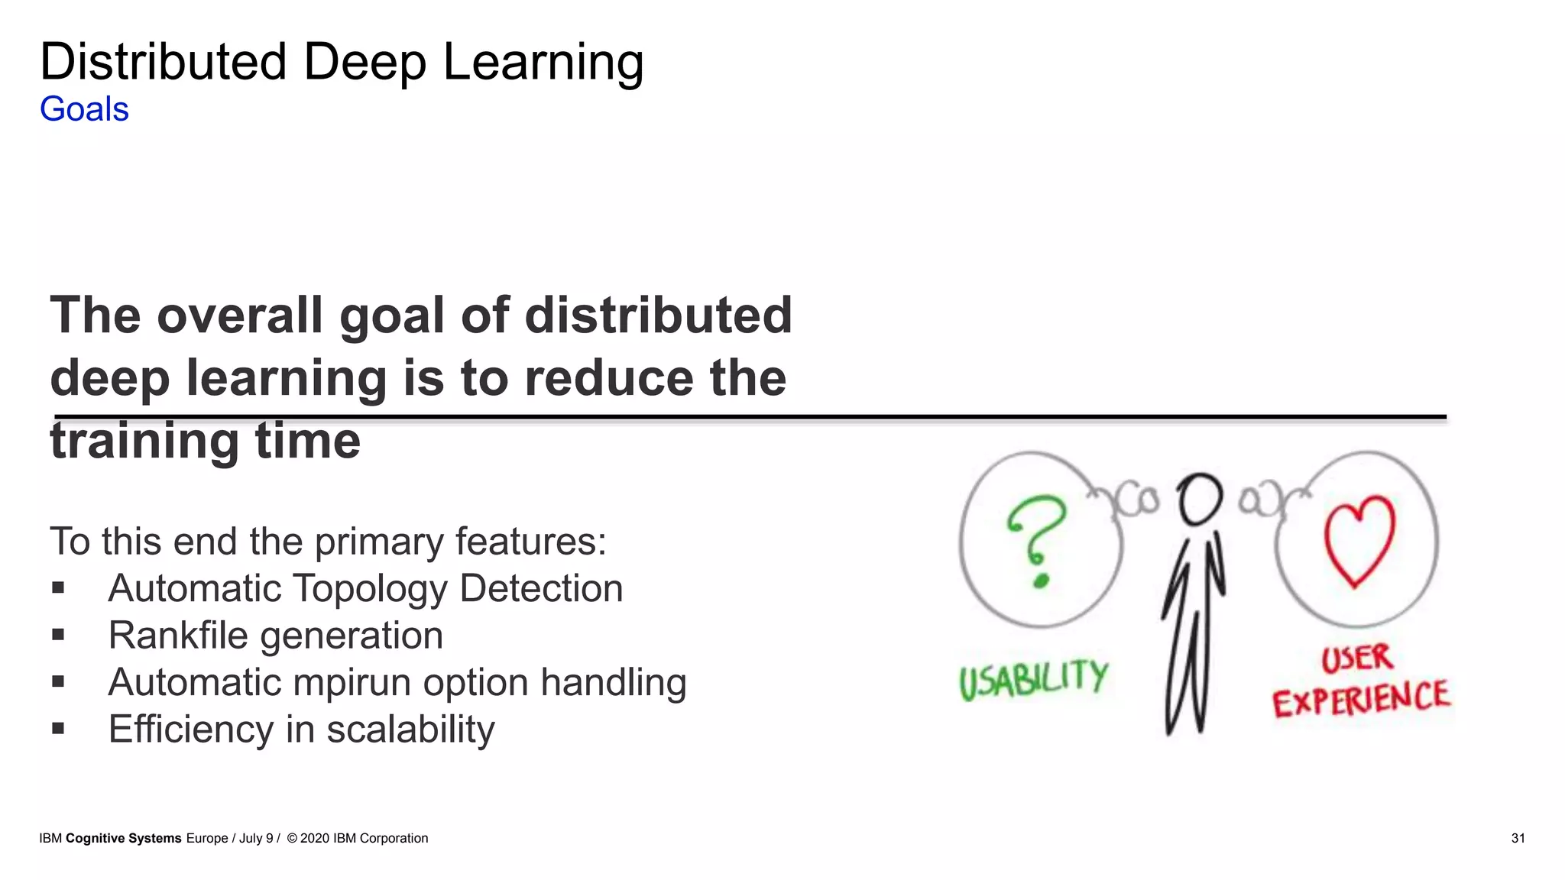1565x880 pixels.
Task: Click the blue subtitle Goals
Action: tap(84, 109)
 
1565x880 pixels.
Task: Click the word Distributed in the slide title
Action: tap(163, 62)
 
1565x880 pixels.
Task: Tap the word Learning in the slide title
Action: tap(543, 63)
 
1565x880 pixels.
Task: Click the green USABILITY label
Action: tap(1034, 679)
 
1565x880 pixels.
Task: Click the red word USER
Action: tap(1357, 658)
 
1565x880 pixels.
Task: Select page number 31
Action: tap(1518, 838)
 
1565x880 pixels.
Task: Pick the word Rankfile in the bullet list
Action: tap(178, 636)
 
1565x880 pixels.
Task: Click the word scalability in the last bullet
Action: tap(410, 730)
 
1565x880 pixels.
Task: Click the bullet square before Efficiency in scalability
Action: tap(58, 729)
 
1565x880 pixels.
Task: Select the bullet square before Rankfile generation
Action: tap(58, 635)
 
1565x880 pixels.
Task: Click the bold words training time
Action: tap(205, 442)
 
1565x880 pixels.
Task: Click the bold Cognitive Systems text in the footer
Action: tap(124, 838)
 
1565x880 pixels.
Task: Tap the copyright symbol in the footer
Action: tap(292, 838)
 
